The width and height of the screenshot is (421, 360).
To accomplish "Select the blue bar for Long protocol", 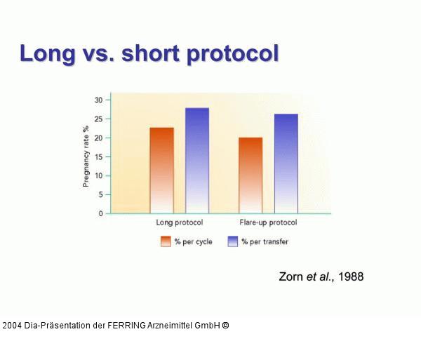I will pos(197,160).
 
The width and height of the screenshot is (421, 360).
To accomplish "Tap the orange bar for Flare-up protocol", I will pos(250,175).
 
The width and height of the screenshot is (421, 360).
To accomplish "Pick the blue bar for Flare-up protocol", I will pos(286,163).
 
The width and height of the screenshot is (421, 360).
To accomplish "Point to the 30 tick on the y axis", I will pos(98,100).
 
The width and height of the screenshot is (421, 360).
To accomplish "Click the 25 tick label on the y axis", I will pos(98,119).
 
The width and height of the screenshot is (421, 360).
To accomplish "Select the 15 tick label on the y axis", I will pos(98,156).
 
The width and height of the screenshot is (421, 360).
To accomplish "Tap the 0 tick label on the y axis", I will pos(100,213).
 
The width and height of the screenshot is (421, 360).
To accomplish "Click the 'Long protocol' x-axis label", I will pos(179,222).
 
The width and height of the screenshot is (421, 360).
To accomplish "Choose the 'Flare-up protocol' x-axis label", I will pos(267,222).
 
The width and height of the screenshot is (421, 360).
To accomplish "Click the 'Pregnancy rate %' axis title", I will pos(86,156).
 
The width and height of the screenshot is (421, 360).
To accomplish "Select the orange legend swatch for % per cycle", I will pos(166,241).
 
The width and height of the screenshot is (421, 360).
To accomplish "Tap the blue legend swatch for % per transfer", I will pos(233,241).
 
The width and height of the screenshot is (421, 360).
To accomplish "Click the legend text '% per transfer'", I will pos(265,241).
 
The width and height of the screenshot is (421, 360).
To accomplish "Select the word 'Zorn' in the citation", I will pos(291,276).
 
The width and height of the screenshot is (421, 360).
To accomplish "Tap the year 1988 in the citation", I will pos(350,276).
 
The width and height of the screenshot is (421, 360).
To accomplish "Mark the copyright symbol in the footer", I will pos(225,325).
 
